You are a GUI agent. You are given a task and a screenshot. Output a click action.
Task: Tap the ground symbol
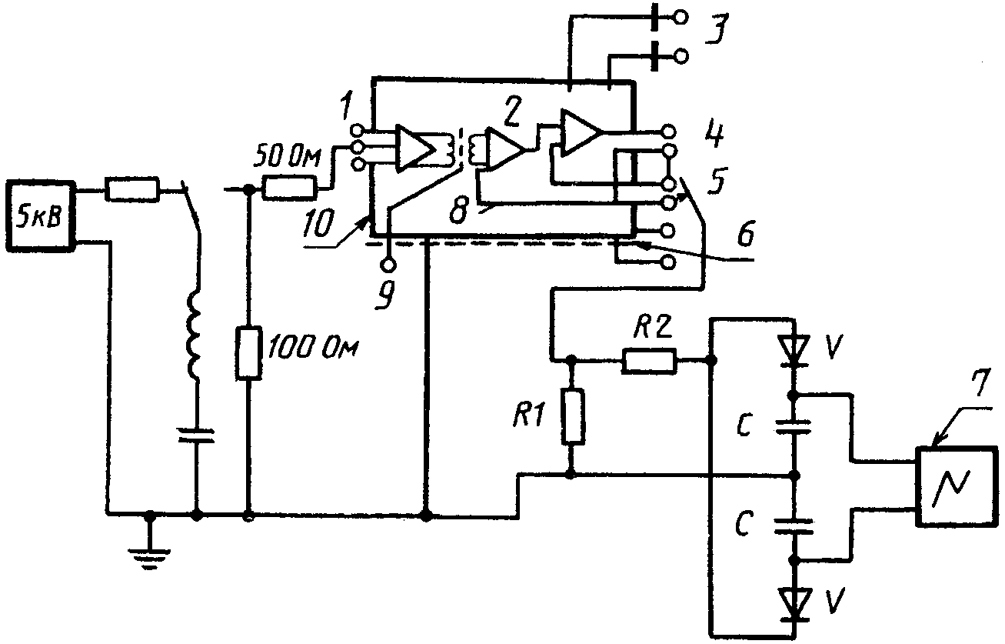[151, 559]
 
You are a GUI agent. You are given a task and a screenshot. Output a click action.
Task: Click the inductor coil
[195, 335]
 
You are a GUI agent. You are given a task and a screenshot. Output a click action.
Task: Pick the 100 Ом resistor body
[248, 353]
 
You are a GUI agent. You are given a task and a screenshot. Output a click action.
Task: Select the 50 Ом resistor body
[289, 189]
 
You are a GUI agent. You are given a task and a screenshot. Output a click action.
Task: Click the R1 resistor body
[573, 416]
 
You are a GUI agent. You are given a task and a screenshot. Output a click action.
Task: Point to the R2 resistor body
[649, 361]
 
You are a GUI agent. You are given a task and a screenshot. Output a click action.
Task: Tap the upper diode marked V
[794, 351]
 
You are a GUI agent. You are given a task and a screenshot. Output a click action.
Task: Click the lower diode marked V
[794, 605]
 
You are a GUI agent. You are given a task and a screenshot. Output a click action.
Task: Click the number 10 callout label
[318, 223]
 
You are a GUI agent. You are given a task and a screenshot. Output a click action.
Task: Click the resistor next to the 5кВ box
[132, 189]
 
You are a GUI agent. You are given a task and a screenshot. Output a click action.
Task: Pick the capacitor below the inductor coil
[197, 435]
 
